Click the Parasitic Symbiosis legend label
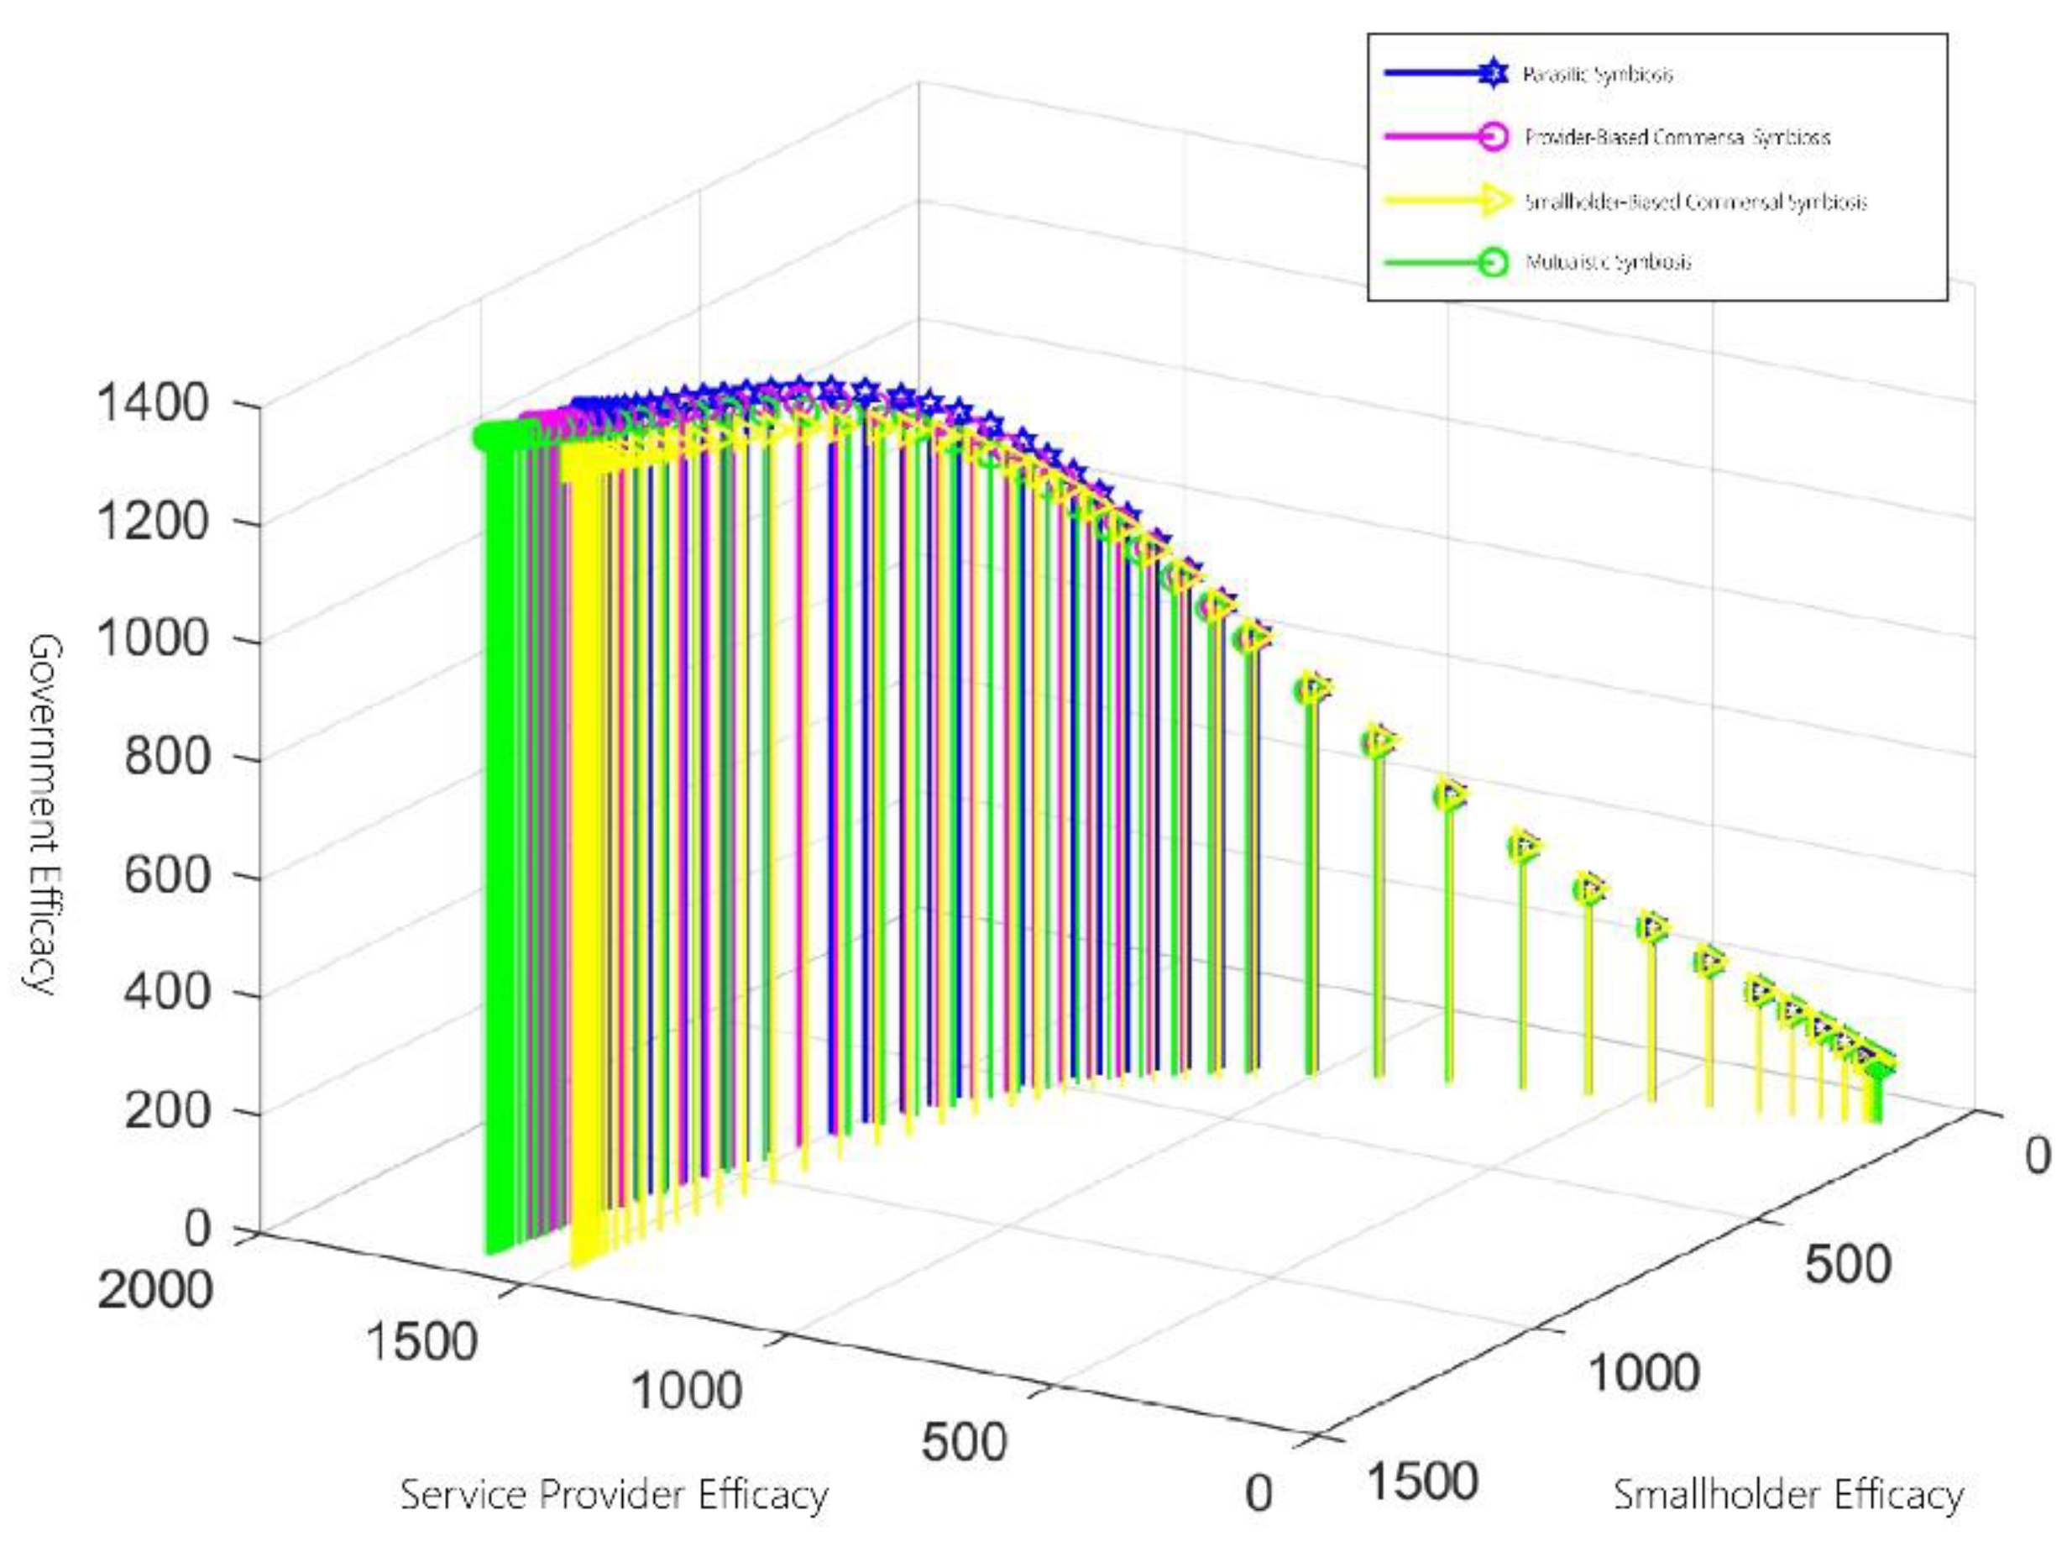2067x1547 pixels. tap(1597, 74)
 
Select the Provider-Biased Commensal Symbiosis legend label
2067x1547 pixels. tap(1677, 138)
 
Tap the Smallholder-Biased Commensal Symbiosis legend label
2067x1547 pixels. tap(1695, 201)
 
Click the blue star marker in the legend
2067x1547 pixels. tap(1494, 72)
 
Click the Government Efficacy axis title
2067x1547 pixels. tap(43, 813)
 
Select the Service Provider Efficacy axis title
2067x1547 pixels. tap(614, 1494)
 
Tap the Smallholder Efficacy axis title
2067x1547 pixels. tap(1787, 1495)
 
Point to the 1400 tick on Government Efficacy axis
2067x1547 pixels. tap(152, 404)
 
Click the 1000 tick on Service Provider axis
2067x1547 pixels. tap(687, 1390)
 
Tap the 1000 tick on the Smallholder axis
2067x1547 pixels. tap(1643, 1373)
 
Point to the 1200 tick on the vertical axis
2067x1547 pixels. tap(152, 521)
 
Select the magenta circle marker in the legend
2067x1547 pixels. tap(1494, 136)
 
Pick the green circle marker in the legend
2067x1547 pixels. tap(1494, 263)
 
